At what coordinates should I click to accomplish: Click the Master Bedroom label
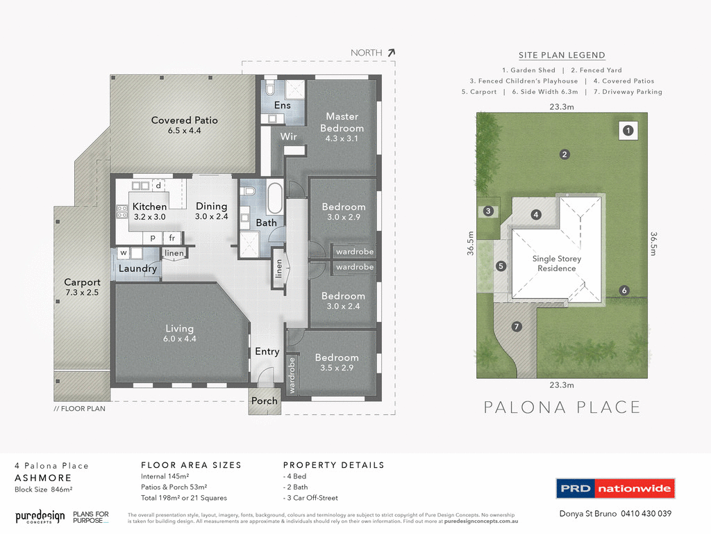[342, 122]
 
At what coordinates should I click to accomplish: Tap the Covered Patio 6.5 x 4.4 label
[185, 125]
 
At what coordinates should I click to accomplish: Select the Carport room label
[82, 288]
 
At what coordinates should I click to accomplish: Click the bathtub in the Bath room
[274, 199]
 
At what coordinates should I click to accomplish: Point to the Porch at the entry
[264, 401]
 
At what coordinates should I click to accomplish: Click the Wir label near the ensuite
[289, 137]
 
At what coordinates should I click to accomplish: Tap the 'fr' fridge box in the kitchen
[171, 237]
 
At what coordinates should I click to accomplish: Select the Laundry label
[137, 268]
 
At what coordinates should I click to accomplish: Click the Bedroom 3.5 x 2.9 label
[337, 362]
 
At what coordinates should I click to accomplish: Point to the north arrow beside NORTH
[392, 52]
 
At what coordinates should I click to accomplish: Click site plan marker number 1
[628, 130]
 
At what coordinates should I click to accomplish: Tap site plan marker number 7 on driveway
[516, 327]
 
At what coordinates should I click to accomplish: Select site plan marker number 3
[488, 211]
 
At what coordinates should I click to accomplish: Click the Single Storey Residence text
[557, 264]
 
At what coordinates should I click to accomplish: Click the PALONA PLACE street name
[562, 407]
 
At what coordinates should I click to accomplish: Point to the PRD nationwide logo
[615, 488]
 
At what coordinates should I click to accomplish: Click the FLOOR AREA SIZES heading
[191, 465]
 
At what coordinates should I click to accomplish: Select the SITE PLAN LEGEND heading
[562, 56]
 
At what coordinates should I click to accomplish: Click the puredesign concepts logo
[40, 517]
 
